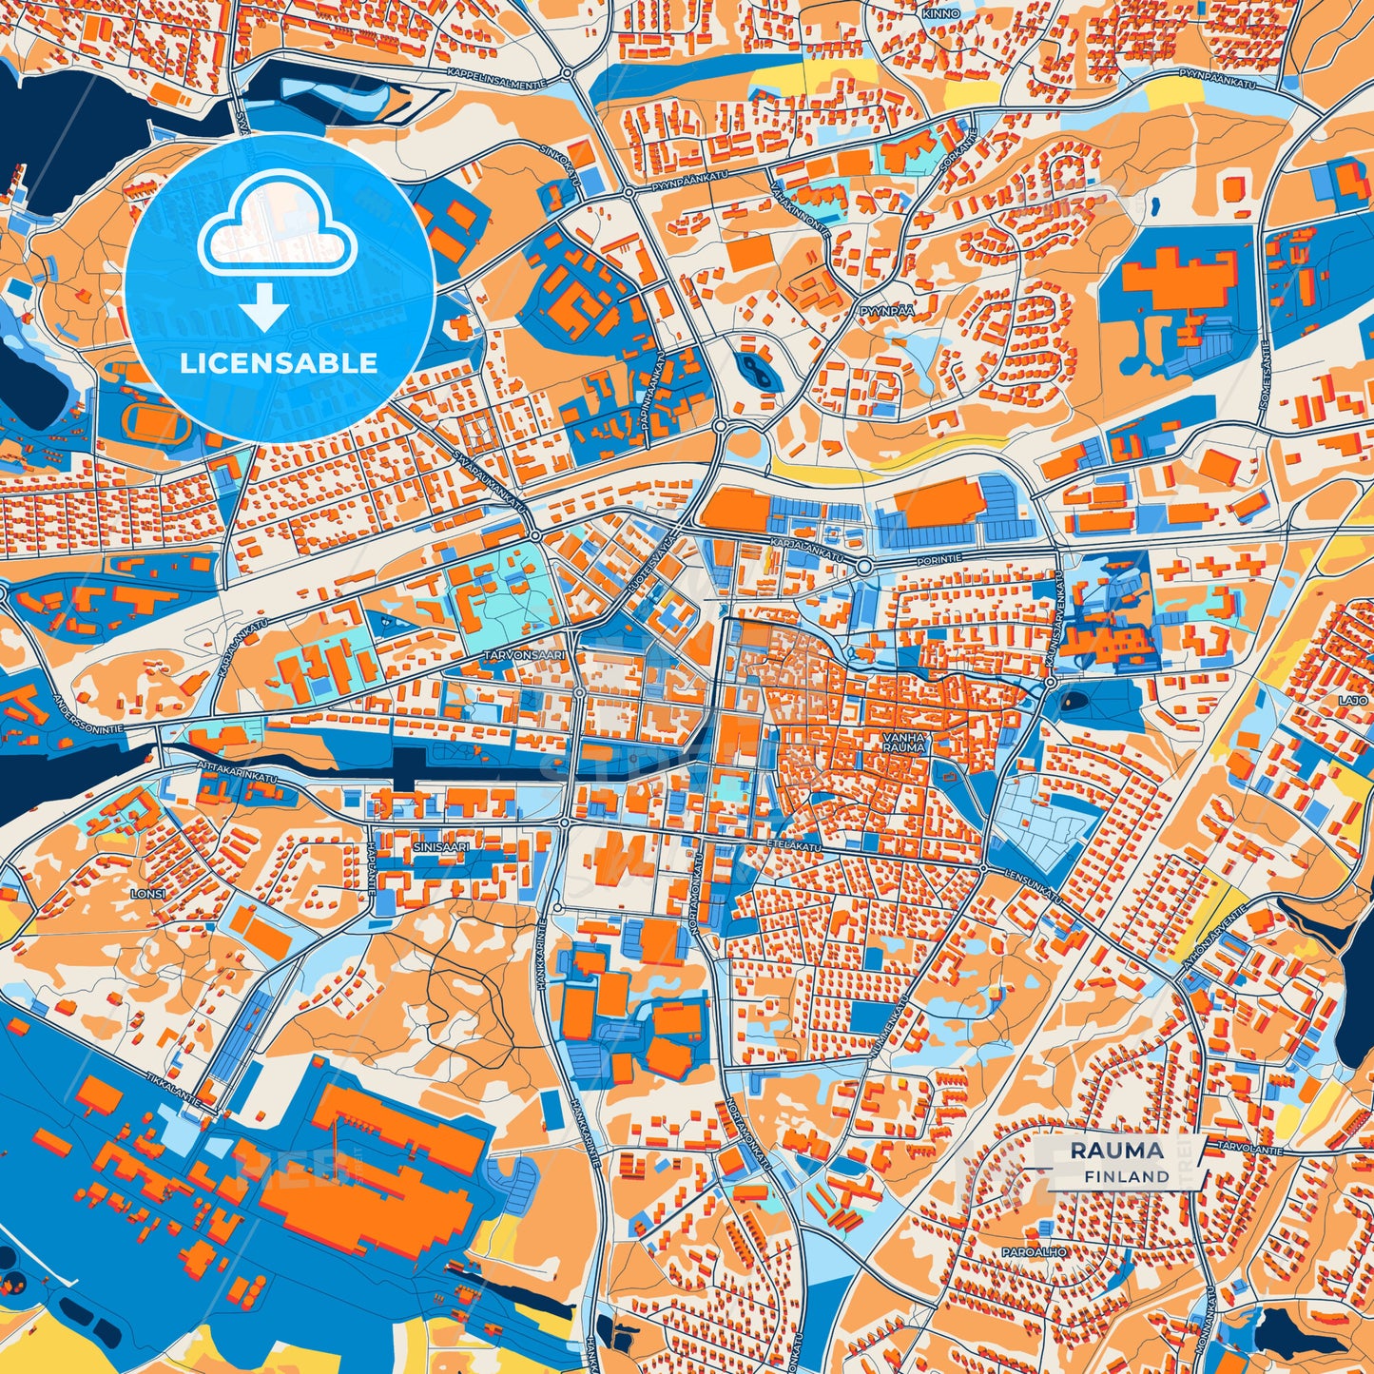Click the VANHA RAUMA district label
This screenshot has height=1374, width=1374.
click(x=902, y=742)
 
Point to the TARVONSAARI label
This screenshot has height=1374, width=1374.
click(x=524, y=656)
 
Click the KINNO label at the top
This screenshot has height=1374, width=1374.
click(x=940, y=14)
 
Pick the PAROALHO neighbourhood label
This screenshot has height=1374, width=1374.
click(x=1034, y=1252)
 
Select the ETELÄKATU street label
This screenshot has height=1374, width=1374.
click(x=794, y=844)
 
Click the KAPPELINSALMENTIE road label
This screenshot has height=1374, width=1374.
click(x=495, y=78)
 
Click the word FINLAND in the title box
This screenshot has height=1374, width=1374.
click(x=1127, y=1176)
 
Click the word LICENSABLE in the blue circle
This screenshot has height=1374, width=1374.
click(x=279, y=362)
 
